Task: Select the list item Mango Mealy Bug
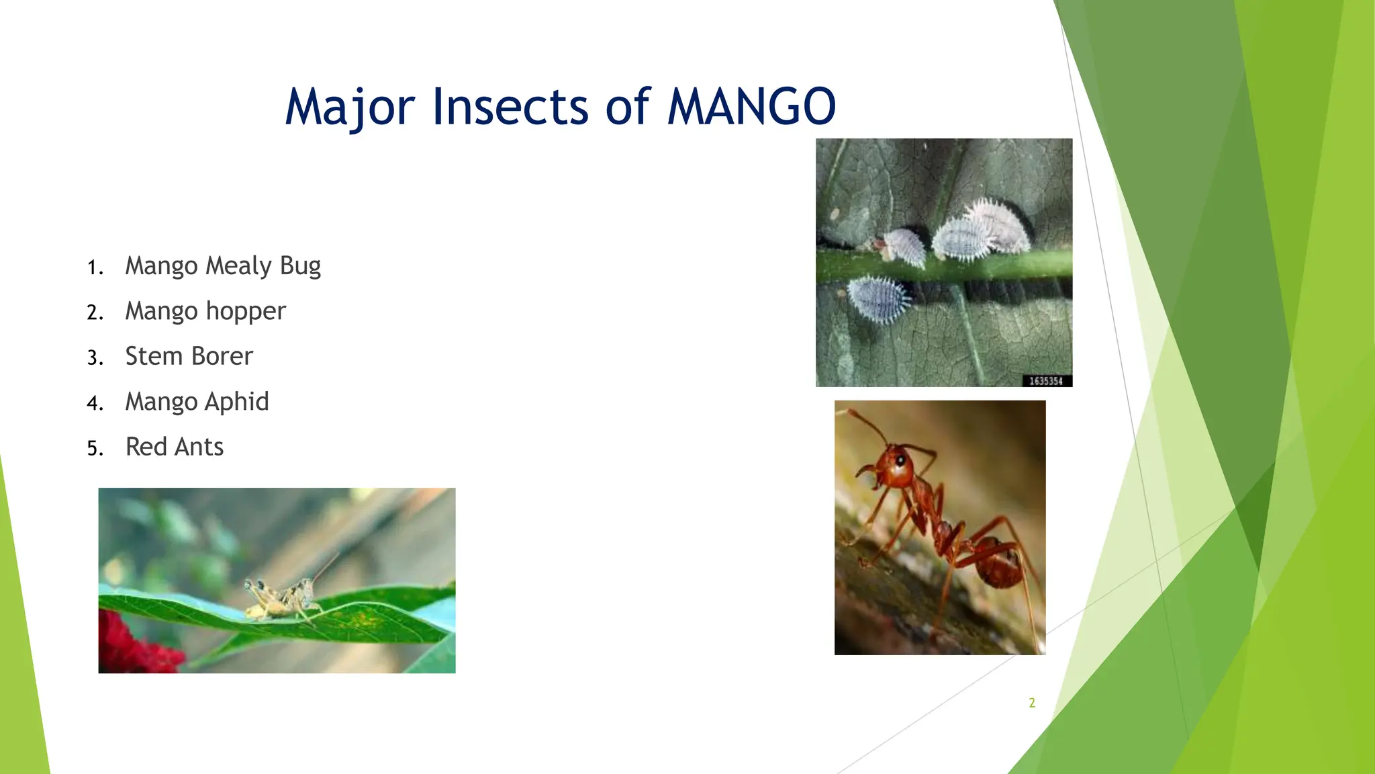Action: pyautogui.click(x=223, y=266)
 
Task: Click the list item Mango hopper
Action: pyautogui.click(x=205, y=311)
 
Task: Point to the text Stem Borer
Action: pyautogui.click(x=189, y=356)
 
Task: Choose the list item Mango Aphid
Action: pyautogui.click(x=197, y=402)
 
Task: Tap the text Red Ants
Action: pyautogui.click(x=175, y=447)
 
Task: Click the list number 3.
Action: pyautogui.click(x=94, y=358)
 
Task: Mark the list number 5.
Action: pyautogui.click(x=94, y=449)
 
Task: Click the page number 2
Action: pyautogui.click(x=1032, y=703)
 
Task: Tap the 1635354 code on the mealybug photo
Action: pyautogui.click(x=1046, y=381)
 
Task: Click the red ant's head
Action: pyautogui.click(x=893, y=467)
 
